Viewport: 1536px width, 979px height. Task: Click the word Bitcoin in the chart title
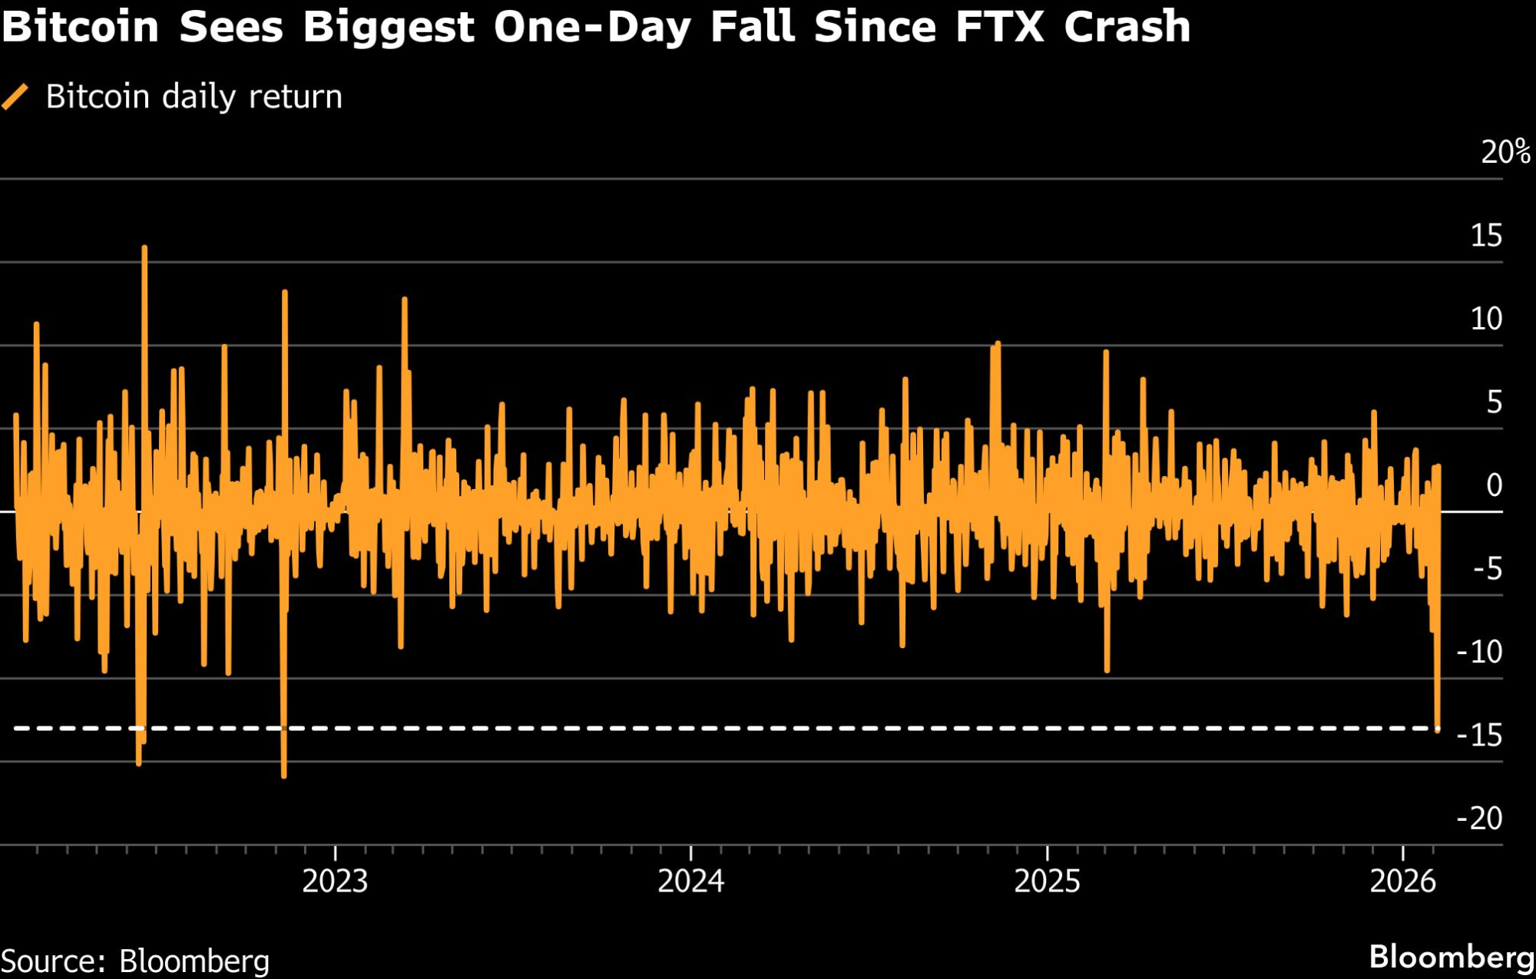[80, 27]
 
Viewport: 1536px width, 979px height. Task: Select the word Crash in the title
[1127, 27]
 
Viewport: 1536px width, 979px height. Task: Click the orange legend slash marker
[15, 98]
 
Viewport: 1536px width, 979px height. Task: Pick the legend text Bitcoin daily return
[194, 98]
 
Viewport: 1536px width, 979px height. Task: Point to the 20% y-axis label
[1505, 152]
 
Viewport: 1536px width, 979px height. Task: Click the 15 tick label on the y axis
[1486, 236]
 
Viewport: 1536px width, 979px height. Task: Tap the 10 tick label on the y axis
[1486, 319]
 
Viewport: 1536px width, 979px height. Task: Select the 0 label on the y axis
[1494, 485]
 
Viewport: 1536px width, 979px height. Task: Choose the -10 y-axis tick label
[1479, 652]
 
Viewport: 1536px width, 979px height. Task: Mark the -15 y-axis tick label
[1479, 736]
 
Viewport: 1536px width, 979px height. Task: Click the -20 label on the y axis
[1479, 819]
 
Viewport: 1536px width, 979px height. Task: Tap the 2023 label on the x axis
[335, 881]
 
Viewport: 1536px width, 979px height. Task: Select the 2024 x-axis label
[690, 881]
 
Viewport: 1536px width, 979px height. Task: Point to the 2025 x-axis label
[1047, 881]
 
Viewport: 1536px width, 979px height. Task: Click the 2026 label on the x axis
[1402, 881]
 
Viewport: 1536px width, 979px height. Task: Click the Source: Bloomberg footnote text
[135, 961]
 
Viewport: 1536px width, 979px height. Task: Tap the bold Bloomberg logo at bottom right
[1452, 958]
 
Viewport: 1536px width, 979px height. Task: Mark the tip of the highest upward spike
[144, 248]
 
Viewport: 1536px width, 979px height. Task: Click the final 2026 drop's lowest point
[1438, 729]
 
